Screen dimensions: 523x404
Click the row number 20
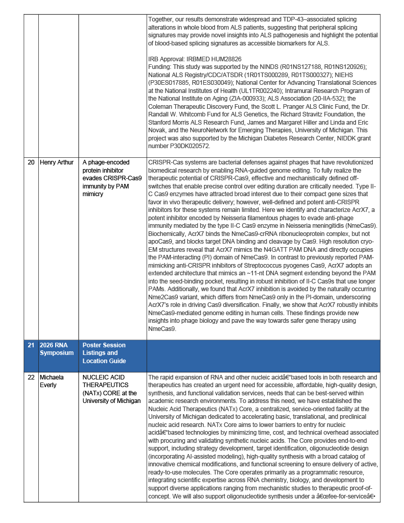(31, 162)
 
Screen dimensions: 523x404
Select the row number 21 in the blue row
(31, 345)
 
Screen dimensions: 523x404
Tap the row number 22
(31, 377)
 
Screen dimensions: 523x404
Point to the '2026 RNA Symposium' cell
(57, 349)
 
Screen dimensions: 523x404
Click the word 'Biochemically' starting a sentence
(168, 234)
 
